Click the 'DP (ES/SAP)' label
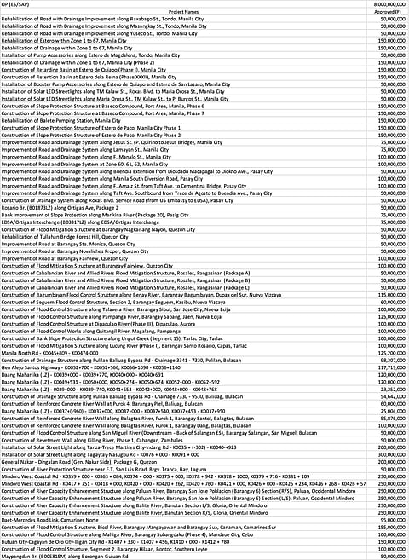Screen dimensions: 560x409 (x=17, y=4)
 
